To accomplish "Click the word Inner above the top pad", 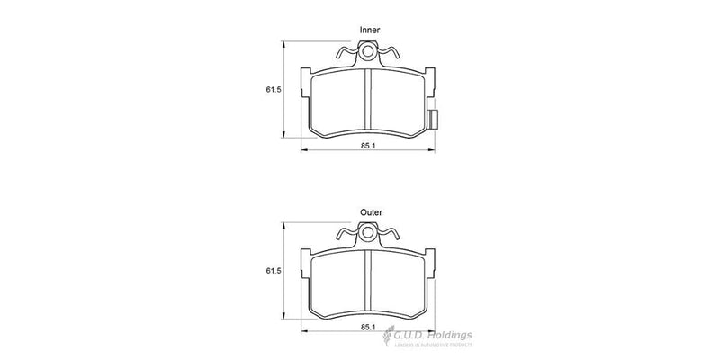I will pos(370,31).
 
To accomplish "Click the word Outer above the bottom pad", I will pos(370,212).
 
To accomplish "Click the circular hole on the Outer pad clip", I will pos(368,235).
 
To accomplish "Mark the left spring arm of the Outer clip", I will pos(346,238).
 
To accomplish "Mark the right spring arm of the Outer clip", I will pos(390,238).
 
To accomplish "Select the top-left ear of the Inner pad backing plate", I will pos(306,74).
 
